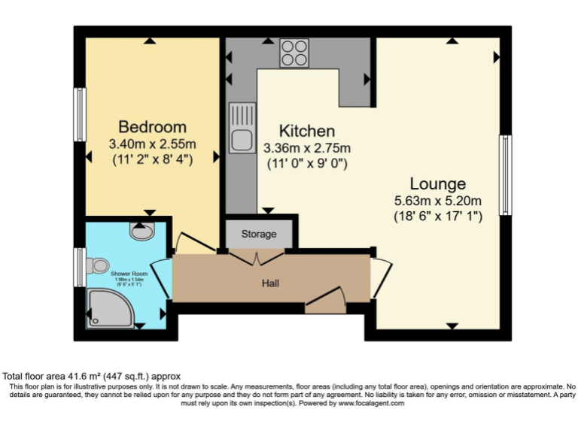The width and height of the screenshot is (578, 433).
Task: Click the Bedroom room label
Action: (x=152, y=126)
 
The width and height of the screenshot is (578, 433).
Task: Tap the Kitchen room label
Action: (x=306, y=131)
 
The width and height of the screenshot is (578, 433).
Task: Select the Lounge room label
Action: (x=437, y=183)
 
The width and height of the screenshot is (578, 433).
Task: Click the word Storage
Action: (x=259, y=234)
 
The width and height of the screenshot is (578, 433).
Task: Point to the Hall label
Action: (x=271, y=283)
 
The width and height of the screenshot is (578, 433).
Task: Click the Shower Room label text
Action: (x=129, y=274)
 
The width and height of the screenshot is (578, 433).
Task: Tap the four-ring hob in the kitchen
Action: (x=294, y=53)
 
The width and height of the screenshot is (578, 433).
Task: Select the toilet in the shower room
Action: (x=98, y=265)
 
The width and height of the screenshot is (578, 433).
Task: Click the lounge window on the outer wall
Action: (x=507, y=174)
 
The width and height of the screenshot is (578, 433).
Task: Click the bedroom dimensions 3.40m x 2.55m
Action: (x=152, y=144)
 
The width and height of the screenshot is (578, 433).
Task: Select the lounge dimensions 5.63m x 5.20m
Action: (x=437, y=201)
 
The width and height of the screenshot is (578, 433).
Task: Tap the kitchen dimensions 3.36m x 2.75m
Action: (x=306, y=148)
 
